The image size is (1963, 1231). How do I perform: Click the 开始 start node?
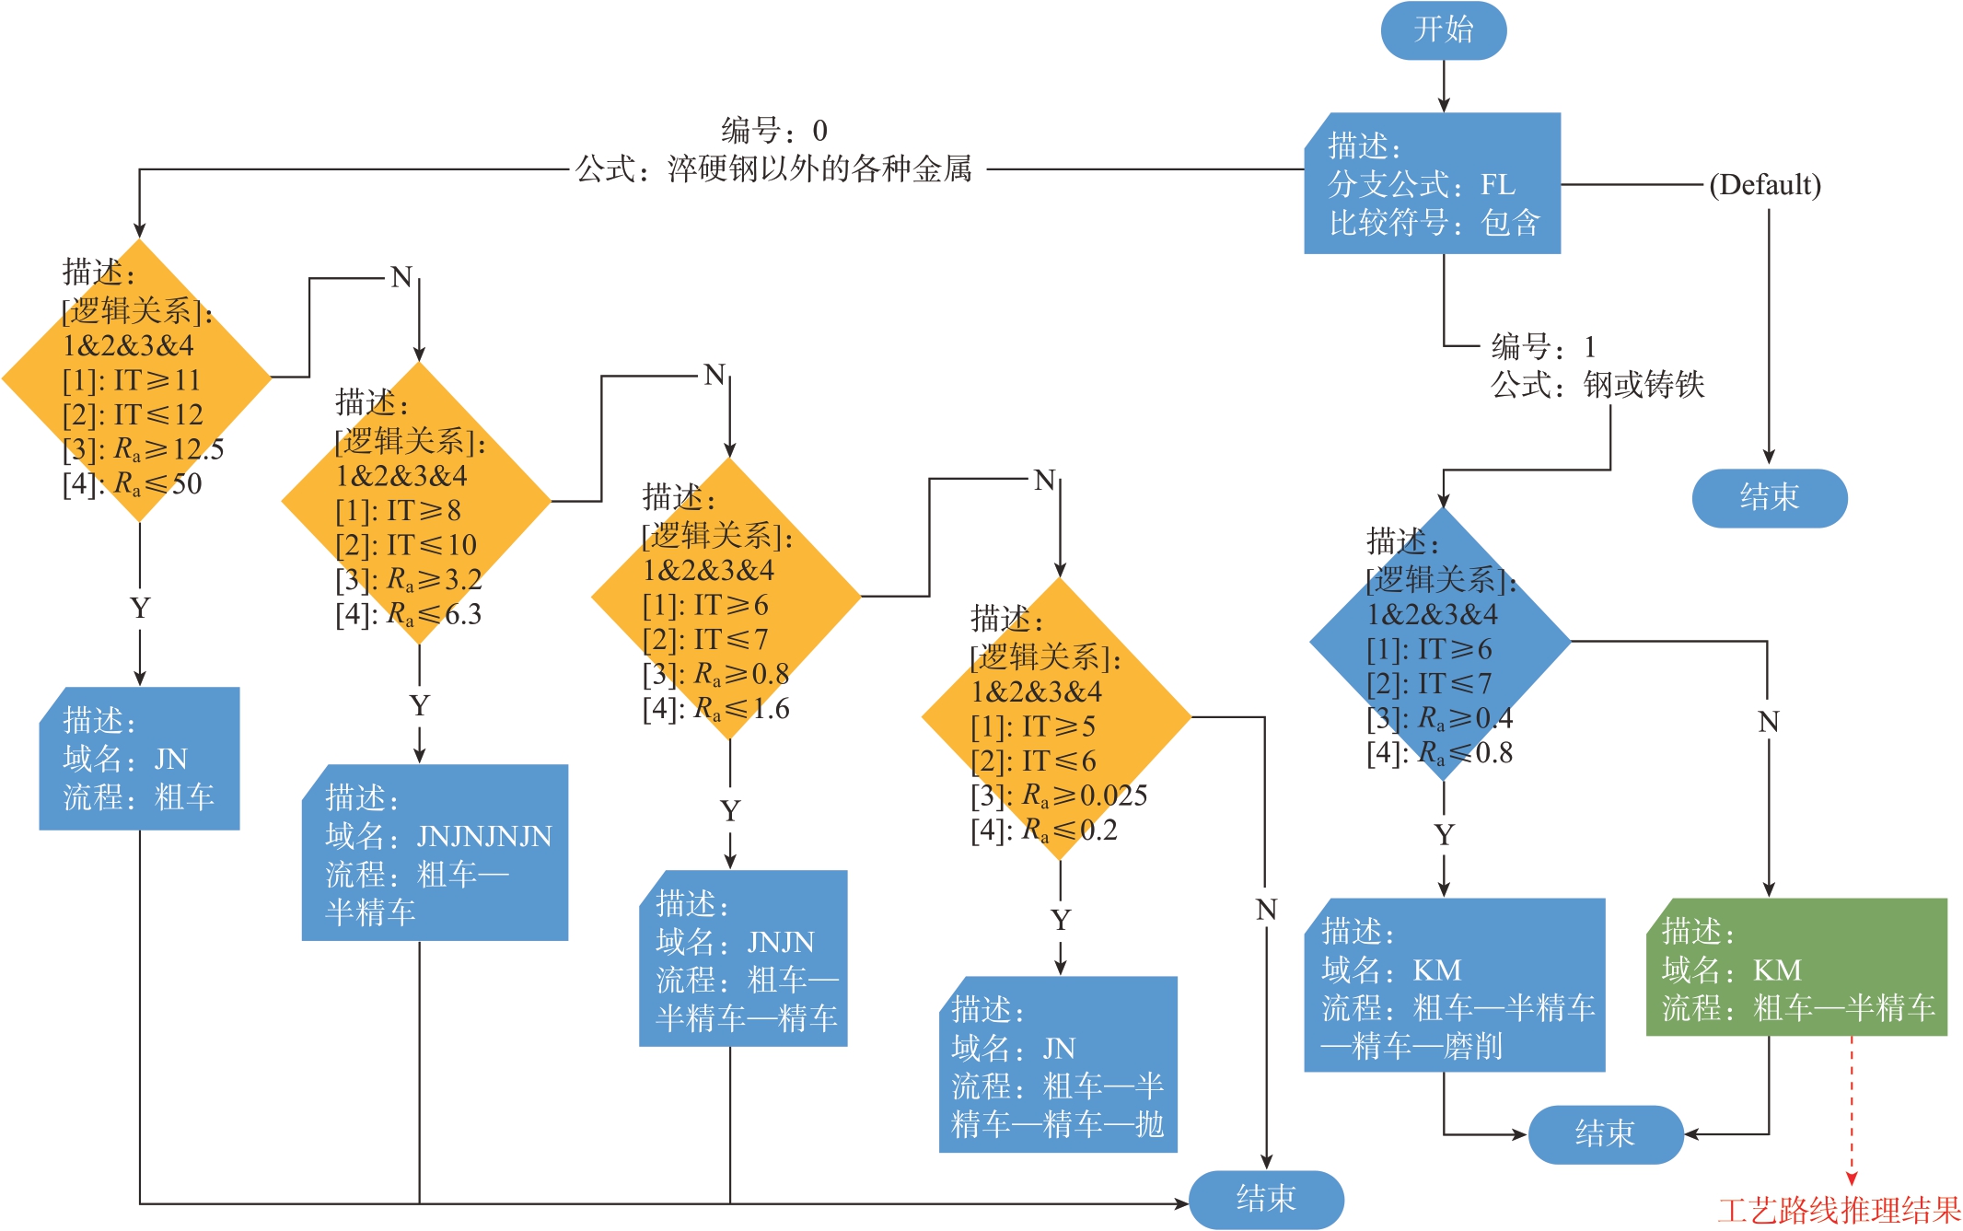click(x=1443, y=30)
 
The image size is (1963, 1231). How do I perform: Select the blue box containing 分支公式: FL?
click(x=1432, y=183)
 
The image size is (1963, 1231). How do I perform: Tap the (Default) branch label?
click(x=1764, y=185)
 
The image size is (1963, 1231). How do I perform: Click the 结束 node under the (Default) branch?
click(x=1769, y=498)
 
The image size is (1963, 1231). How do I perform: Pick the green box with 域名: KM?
click(x=1795, y=968)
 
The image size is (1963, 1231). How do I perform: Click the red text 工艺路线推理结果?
click(x=1839, y=1210)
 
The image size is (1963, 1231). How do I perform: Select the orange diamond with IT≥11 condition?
click(x=138, y=379)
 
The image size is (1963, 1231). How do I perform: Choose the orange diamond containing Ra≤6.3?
click(x=416, y=503)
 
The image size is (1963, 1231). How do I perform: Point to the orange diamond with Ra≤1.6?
click(x=726, y=598)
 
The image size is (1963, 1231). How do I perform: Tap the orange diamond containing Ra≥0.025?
click(x=1057, y=719)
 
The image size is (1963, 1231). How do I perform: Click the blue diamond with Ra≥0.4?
click(x=1440, y=643)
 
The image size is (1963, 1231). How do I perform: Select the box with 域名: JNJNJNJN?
click(x=435, y=853)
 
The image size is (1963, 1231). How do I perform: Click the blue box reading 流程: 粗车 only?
click(x=139, y=759)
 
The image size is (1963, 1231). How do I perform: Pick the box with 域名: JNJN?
click(x=743, y=958)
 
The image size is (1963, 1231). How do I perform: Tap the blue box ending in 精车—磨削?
click(x=1454, y=985)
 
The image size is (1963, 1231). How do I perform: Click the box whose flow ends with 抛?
click(x=1057, y=1064)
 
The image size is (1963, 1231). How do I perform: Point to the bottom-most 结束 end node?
click(x=1266, y=1199)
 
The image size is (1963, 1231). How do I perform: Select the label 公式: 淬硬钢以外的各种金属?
click(x=773, y=169)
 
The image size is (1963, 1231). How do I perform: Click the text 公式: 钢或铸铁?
click(x=1597, y=385)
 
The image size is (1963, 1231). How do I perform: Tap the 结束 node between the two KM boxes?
click(x=1605, y=1134)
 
